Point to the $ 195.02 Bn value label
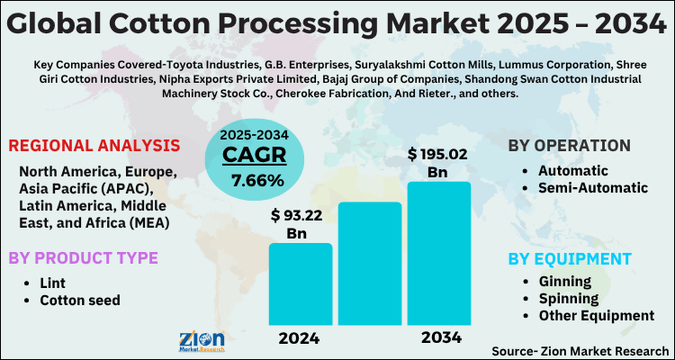click(x=438, y=163)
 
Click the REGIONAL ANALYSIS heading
click(x=94, y=145)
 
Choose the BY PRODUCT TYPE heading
click(x=83, y=258)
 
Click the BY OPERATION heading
click(x=569, y=145)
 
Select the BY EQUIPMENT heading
click(x=569, y=259)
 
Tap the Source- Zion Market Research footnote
click(x=580, y=349)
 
